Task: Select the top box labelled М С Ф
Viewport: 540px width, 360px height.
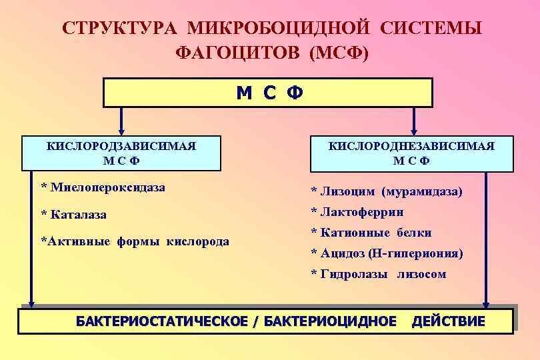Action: (x=268, y=93)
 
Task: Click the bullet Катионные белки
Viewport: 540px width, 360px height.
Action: (x=371, y=233)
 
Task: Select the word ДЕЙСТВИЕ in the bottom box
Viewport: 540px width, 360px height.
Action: (x=448, y=321)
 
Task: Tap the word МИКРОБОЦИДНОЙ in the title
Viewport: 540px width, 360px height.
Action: (x=279, y=29)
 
